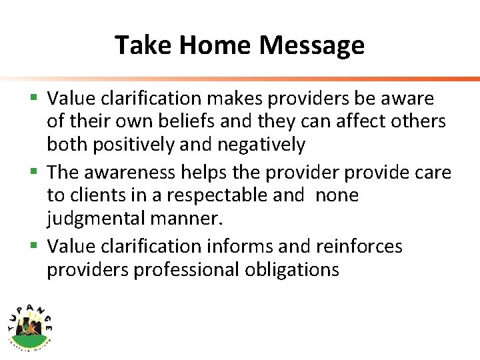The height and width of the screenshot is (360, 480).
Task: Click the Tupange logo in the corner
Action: [31, 323]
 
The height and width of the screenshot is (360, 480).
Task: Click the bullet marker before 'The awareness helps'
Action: [35, 172]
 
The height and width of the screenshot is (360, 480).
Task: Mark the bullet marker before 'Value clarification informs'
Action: [35, 246]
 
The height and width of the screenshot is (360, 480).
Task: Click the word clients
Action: [91, 195]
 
